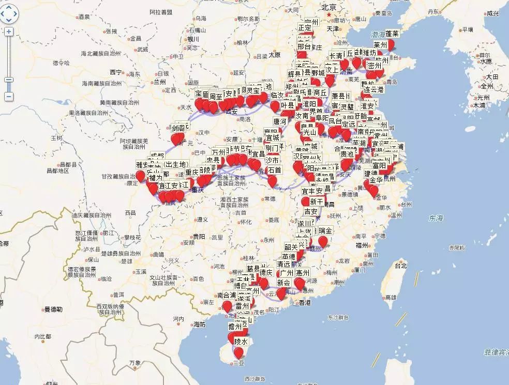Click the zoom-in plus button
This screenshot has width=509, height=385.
tap(9, 31)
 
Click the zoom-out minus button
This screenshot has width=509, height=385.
tap(9, 97)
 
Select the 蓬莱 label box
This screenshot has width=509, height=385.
tap(392, 34)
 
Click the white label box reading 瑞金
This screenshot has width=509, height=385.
tap(325, 230)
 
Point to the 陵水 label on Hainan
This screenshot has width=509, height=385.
tap(241, 342)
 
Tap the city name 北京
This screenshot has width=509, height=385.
tap(329, 7)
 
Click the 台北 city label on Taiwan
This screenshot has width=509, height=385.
tap(401, 266)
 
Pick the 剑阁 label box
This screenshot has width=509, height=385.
tap(178, 128)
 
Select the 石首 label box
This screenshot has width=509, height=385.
tap(274, 170)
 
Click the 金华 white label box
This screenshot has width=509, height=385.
tap(376, 180)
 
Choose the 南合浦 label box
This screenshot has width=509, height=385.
tap(227, 296)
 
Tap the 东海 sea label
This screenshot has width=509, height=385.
tap(436, 219)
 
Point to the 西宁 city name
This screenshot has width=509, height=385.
tap(115, 72)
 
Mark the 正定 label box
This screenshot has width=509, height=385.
tap(305, 27)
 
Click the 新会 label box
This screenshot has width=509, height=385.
tap(283, 283)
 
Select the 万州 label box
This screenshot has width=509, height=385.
tap(219, 152)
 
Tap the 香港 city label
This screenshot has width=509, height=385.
tap(305, 302)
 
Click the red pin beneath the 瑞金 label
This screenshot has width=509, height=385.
tap(323, 241)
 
